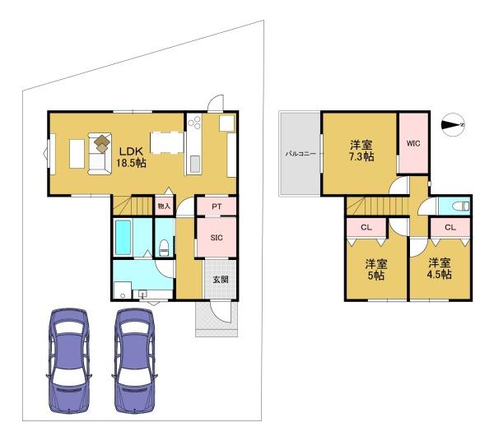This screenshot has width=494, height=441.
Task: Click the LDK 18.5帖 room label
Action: pos(131,157)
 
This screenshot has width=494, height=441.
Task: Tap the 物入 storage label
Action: pos(164,207)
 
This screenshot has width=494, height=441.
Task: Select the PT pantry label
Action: pos(217,207)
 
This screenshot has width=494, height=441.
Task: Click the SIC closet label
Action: pos(217,238)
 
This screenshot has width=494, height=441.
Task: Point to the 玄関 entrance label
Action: pos(221,279)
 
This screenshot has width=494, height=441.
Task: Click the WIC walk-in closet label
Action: pos(413,143)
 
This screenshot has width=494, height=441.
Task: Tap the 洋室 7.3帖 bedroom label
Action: pos(361,151)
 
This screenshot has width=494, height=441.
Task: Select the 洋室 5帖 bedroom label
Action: pos(376,270)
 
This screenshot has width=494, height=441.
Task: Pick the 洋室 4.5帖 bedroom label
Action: pos(439,268)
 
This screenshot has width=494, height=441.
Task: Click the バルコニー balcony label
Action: pos(301,154)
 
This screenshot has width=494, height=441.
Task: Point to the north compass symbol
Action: pos(453,125)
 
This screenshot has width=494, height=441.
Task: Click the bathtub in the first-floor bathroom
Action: pos(123,238)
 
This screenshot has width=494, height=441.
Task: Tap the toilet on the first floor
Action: pos(164,248)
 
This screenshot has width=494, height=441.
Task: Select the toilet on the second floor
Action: pos(460,207)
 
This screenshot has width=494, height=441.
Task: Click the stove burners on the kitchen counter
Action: pos(194,123)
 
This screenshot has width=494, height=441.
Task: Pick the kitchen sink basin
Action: pos(195,165)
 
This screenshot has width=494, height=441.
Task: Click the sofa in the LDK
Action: pos(100,154)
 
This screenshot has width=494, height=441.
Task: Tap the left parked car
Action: pos(69,360)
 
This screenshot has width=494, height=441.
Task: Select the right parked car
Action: pos(134,360)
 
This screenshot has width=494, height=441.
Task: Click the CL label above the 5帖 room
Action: pos(366,227)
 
